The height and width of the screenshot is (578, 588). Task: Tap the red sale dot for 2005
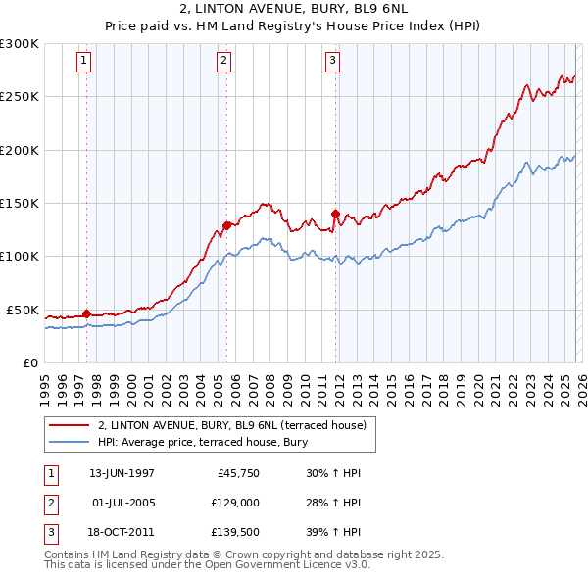[x=226, y=225]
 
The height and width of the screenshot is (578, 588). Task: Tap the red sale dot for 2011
[x=335, y=213]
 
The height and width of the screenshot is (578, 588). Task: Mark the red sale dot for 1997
[x=86, y=313]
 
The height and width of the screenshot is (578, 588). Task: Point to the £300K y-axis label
[x=19, y=44]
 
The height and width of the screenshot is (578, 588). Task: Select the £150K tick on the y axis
[x=19, y=204]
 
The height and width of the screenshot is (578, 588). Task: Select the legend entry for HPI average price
[x=203, y=443]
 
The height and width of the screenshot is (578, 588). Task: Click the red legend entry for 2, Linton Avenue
[x=231, y=425]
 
